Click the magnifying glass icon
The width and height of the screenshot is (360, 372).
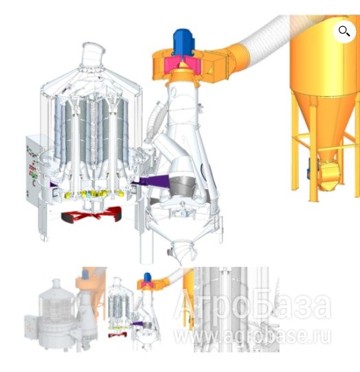pos(344,31)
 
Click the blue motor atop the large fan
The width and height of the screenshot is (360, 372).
pos(183,40)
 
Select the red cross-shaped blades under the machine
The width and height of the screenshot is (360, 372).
pos(91,214)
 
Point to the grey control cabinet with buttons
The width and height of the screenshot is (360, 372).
pos(33,167)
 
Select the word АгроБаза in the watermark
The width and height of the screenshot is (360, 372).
pos(252,305)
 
